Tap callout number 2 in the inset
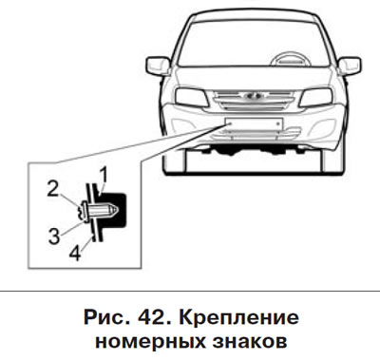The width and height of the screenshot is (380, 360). [x=53, y=189]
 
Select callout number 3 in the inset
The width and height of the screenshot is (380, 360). [x=54, y=236]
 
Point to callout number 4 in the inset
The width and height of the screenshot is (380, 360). [x=75, y=253]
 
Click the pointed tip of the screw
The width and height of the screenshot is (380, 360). [x=118, y=209]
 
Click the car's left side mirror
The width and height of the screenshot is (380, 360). [x=158, y=66]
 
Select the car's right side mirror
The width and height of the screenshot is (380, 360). [x=350, y=66]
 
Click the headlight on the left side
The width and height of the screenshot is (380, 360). [x=191, y=97]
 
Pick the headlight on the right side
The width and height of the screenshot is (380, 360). [x=316, y=97]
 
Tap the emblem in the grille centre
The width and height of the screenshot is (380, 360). [x=255, y=95]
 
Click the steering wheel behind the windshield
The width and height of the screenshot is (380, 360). [x=289, y=59]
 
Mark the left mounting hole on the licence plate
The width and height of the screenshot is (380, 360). [x=231, y=123]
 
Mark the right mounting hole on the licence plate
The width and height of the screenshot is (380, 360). [x=276, y=123]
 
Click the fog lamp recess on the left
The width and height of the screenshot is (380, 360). [x=180, y=124]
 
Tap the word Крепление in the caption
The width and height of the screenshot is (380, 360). [x=238, y=318]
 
